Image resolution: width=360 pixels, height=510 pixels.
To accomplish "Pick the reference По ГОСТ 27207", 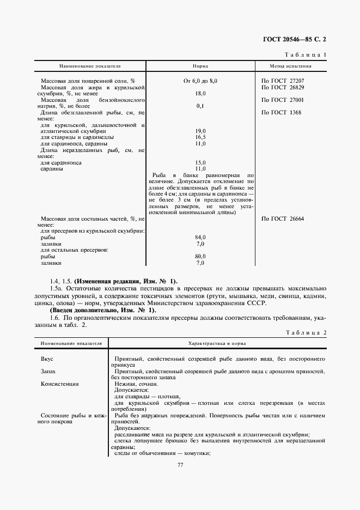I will click(283, 81).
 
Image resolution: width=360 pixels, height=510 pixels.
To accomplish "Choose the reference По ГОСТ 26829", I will click(283, 87).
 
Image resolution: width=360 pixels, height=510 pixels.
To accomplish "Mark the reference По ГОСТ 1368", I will click(281, 112).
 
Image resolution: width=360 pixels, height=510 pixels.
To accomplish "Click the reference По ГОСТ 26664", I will click(283, 218).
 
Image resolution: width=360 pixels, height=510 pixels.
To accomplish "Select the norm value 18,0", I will click(200, 94).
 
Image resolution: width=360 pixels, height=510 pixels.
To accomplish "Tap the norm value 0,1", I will click(200, 106).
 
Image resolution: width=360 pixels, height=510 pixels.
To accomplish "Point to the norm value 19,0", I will click(200, 131).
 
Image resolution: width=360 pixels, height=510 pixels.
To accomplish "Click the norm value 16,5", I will click(200, 137).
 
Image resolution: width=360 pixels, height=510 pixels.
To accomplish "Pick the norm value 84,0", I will click(200, 238).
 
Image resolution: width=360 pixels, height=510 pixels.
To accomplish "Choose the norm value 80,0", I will click(200, 256).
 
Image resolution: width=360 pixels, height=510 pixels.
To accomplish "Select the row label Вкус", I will click(47, 359).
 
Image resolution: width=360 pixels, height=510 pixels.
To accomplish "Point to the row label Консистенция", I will click(60, 384).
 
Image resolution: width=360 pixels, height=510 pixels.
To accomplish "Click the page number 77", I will click(180, 465).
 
